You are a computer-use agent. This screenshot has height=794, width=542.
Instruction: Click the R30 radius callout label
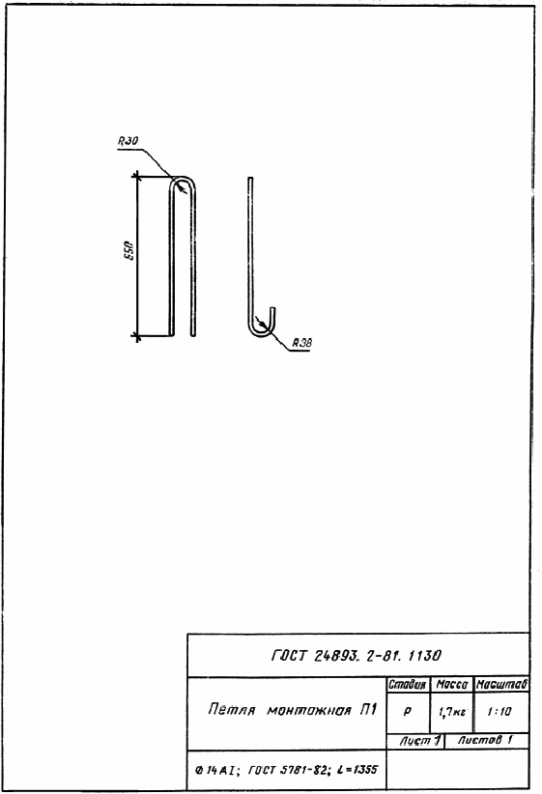pyautogui.click(x=128, y=141)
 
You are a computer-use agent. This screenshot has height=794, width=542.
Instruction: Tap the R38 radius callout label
pyautogui.click(x=301, y=342)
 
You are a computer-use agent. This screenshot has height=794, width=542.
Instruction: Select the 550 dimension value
pyautogui.click(x=129, y=250)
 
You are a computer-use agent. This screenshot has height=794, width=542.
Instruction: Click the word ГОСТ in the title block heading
pyautogui.click(x=289, y=656)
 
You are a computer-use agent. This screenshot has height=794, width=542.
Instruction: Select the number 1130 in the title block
pyautogui.click(x=424, y=656)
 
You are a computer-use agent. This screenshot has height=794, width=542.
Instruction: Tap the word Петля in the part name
pyautogui.click(x=231, y=709)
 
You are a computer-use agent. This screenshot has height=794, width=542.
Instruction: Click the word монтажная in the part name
pyautogui.click(x=308, y=710)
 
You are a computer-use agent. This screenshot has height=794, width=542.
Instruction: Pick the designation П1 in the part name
pyautogui.click(x=368, y=709)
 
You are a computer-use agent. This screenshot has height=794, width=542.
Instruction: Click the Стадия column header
pyautogui.click(x=408, y=685)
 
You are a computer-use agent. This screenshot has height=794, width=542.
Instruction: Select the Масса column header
pyautogui.click(x=452, y=685)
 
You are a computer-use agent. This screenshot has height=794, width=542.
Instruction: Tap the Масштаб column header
pyautogui.click(x=502, y=685)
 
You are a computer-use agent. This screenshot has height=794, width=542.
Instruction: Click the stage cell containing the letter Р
pyautogui.click(x=408, y=712)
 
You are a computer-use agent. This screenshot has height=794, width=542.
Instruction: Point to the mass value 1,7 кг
pyautogui.click(x=452, y=712)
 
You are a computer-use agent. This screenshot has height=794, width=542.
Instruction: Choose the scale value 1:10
pyautogui.click(x=499, y=712)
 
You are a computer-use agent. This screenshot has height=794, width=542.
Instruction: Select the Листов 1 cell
pyautogui.click(x=485, y=740)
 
